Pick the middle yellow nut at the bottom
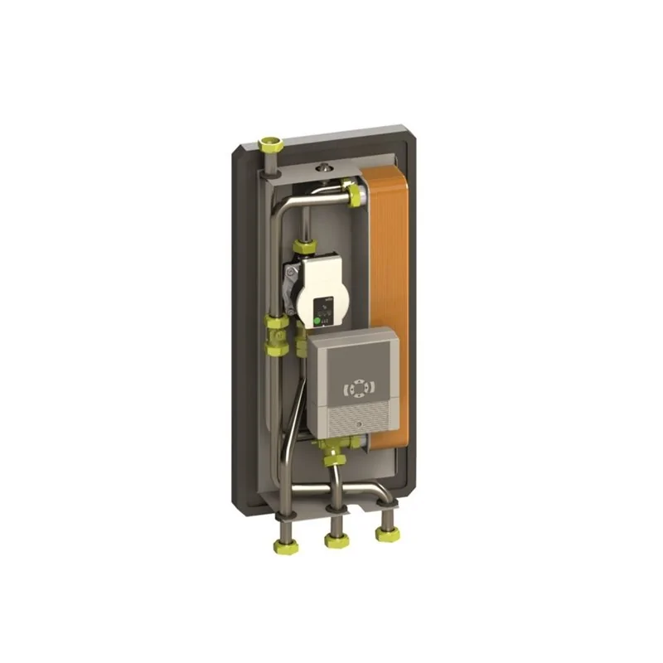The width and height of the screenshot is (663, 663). coord(336,540)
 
